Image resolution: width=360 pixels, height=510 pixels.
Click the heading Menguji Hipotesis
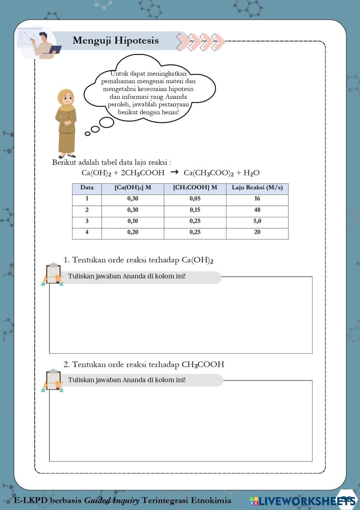pos(116,40)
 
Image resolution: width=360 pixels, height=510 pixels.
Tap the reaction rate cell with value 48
pos(257,210)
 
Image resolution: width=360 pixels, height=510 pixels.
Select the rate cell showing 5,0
pos(257,221)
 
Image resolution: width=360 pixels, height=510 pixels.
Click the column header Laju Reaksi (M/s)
pos(257,187)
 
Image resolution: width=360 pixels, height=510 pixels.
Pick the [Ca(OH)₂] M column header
pos(132,187)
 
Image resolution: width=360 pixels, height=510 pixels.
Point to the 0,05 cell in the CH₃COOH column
pos(195,199)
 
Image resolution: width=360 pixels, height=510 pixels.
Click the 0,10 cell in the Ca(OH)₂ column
pos(132,221)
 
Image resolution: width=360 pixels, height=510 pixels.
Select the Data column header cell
pos(87,187)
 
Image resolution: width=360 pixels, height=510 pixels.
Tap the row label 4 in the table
pos(87,232)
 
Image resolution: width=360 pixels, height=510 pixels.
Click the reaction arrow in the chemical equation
pos(174,172)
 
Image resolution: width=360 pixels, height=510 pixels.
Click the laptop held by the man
pos(55,50)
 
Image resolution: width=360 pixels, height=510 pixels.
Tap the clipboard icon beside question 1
pos(53,274)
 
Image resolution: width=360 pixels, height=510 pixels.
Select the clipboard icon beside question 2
pos(53,380)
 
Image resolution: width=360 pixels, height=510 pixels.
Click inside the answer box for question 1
pos(180,317)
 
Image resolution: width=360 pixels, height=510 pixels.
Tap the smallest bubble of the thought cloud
pos(87,134)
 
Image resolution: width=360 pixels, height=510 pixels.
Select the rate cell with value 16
pos(257,199)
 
